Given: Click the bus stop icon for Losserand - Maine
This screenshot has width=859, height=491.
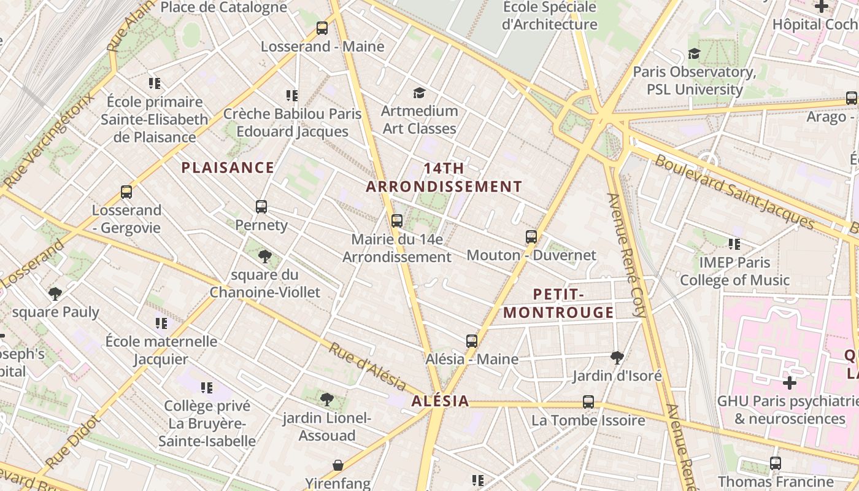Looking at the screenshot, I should tap(322, 28).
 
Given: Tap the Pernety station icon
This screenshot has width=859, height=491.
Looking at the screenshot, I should tap(261, 206).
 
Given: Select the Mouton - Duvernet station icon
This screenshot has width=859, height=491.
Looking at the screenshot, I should tap(531, 236).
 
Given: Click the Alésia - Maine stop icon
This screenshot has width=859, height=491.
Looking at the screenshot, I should tap(471, 341).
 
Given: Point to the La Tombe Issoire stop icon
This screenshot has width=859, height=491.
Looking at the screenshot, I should tap(588, 402).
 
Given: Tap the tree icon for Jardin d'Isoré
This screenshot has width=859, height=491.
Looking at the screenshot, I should tap(617, 357).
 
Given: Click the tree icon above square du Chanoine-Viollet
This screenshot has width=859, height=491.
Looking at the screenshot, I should tap(265, 256).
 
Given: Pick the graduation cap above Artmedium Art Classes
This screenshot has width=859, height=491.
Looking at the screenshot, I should tap(419, 93).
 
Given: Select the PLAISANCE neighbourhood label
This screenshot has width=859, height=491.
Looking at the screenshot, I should tap(228, 168).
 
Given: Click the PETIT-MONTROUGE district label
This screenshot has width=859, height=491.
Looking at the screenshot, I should tap(558, 303).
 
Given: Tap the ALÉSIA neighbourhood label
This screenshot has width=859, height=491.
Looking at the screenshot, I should tap(441, 401).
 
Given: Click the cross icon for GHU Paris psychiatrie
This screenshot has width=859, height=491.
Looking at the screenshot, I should tap(790, 383).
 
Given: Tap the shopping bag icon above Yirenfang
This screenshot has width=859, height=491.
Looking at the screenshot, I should tap(337, 465).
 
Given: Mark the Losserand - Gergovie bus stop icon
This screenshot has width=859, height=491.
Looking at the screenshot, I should tap(126, 191).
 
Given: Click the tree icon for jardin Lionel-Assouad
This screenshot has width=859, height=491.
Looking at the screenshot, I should tap(327, 400).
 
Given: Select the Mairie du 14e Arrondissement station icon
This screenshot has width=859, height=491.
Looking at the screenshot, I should tap(397, 220).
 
